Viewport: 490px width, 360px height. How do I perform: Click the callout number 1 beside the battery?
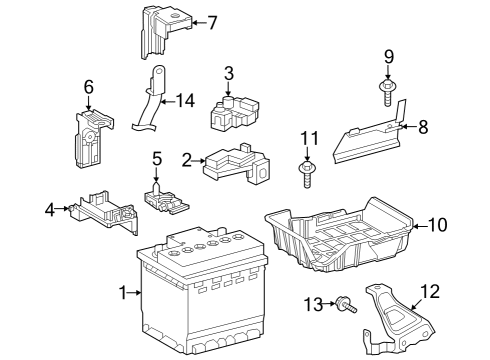coord(124,292)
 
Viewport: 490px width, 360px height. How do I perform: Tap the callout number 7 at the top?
coord(211,22)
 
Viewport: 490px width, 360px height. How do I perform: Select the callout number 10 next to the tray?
coord(437,225)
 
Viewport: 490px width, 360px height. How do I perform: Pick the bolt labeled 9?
coord(387,92)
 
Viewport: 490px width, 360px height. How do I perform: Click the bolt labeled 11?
coord(307,173)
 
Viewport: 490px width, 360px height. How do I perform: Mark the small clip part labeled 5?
coord(163,194)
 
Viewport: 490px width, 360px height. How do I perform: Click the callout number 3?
coord(229,72)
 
